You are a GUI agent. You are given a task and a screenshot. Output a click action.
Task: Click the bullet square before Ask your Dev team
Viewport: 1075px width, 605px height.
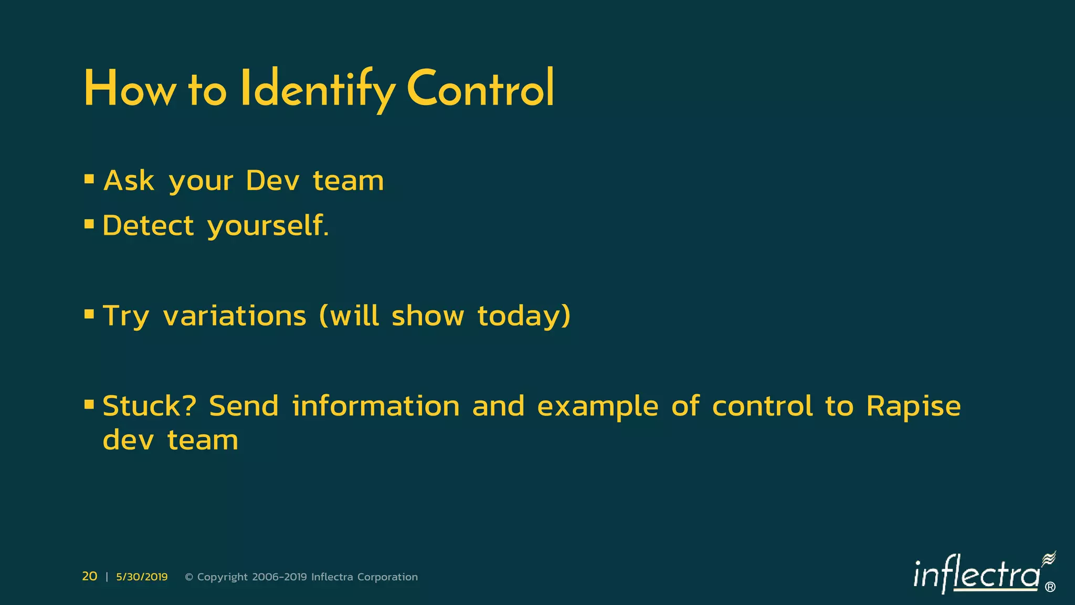pos(89,180)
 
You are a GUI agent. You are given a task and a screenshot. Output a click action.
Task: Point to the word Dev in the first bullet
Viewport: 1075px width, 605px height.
pos(272,181)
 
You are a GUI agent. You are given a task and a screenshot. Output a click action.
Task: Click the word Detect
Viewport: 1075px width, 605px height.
pos(149,226)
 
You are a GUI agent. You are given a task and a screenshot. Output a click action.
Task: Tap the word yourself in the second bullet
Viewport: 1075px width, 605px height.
pos(268,227)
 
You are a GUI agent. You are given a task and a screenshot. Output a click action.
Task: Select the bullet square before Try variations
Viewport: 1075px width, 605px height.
pos(89,315)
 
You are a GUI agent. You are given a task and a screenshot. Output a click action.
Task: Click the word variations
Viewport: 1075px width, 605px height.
pos(235,316)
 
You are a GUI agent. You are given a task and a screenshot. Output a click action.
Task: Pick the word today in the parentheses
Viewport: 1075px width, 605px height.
pos(523,316)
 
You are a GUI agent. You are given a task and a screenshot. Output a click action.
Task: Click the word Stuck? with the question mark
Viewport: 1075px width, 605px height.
pos(150,406)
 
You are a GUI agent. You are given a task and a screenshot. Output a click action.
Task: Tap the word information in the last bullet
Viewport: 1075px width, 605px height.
pos(376,406)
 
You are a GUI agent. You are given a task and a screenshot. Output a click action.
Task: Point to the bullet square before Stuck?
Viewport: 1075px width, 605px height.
pos(89,404)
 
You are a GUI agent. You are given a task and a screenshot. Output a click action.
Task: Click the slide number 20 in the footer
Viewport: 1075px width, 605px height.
pos(90,576)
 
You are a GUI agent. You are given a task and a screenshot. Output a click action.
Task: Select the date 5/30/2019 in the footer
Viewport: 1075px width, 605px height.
pos(142,577)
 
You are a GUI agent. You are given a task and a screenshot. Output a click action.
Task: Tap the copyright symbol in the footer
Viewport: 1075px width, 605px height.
pos(189,577)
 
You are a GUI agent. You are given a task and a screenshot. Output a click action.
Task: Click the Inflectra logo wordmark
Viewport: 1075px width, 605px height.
pos(976,576)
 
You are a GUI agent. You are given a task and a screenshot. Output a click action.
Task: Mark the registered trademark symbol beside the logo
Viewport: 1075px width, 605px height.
pos(1050,587)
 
